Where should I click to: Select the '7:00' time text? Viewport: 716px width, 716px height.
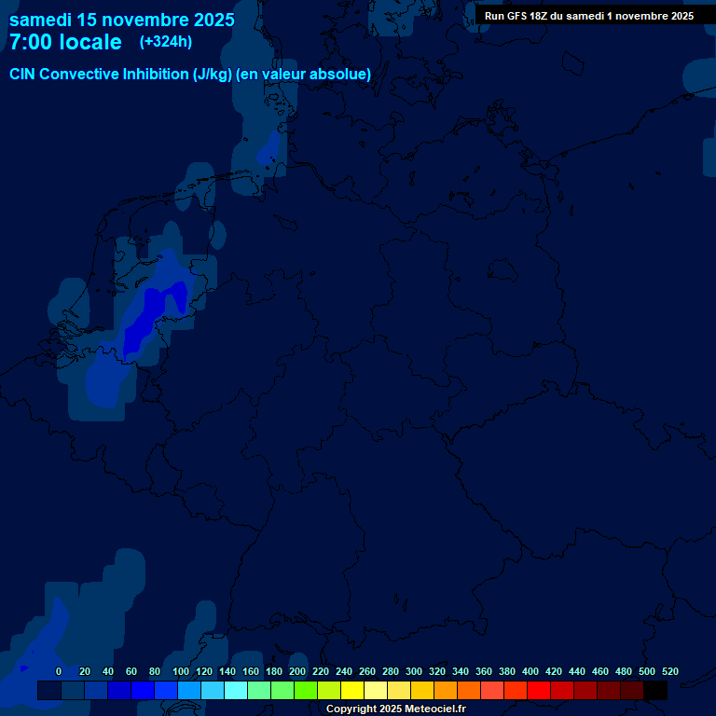[x=31, y=42]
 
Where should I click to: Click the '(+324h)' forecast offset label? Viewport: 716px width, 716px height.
[x=166, y=42]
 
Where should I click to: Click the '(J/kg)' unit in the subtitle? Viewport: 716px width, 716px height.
[x=212, y=75]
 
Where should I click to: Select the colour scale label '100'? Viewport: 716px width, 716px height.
[x=181, y=671]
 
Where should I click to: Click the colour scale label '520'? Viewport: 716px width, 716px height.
[x=669, y=671]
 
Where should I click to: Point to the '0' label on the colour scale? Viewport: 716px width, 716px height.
[x=59, y=671]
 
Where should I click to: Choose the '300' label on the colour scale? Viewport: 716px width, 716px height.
[x=413, y=671]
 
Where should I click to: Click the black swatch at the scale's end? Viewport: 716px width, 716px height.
[x=655, y=691]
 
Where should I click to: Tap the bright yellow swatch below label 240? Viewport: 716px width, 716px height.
[x=352, y=691]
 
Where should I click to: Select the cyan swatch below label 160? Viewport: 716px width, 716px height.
[x=259, y=691]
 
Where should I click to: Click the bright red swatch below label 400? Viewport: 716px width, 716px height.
[x=539, y=691]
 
